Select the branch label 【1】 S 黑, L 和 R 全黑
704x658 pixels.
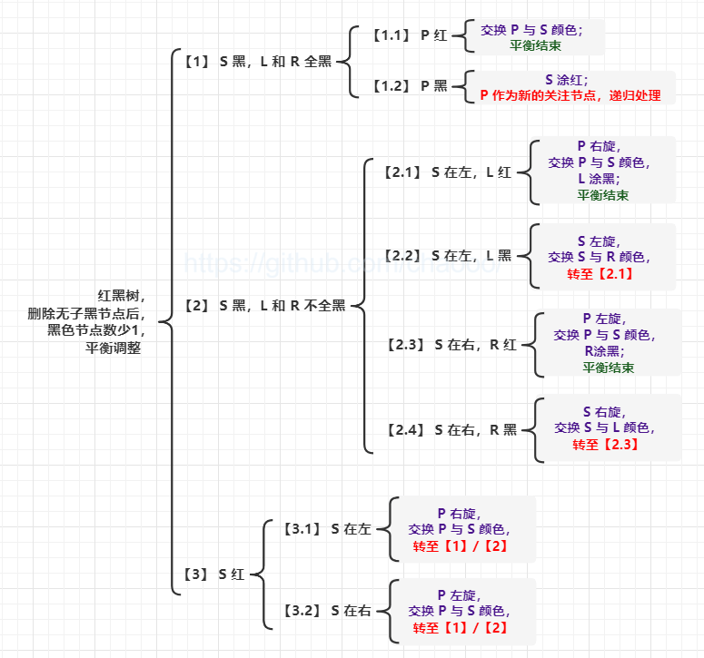tap(257, 61)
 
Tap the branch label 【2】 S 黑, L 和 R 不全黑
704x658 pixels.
tap(264, 306)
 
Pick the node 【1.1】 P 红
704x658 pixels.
tap(410, 35)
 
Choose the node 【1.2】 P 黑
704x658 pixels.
tap(410, 85)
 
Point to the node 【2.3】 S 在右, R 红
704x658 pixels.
tap(451, 344)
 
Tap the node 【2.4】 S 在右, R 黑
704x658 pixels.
tap(451, 429)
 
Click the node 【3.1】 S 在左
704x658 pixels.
tap(326, 528)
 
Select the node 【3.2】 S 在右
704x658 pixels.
tap(326, 611)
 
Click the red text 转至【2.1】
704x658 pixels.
tap(600, 273)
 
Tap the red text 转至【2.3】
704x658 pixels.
tap(605, 444)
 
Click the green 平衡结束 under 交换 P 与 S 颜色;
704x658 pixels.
tap(536, 45)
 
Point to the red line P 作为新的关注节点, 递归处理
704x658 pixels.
tap(570, 95)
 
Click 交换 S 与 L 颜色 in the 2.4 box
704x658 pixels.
tap(605, 427)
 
